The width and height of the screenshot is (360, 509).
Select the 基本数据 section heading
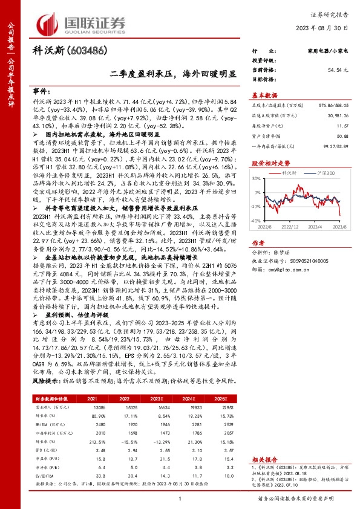264,96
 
